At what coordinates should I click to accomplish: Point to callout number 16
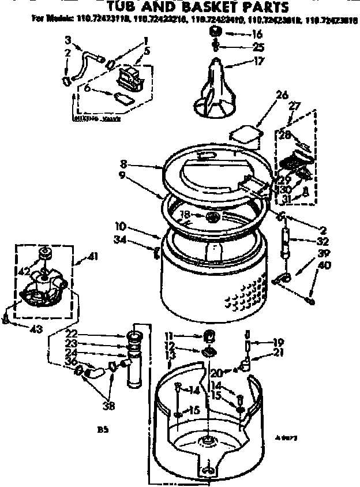tap(257, 35)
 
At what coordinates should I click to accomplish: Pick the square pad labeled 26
tap(245, 134)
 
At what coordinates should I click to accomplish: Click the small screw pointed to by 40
tap(311, 300)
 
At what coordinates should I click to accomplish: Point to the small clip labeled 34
tap(156, 251)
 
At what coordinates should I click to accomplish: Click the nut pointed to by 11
tap(209, 336)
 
